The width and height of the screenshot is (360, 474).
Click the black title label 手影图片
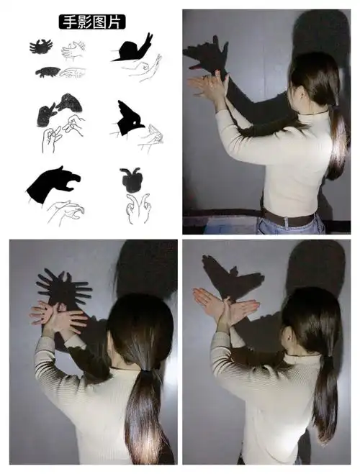[92, 22]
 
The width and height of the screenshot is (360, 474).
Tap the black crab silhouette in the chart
[41, 47]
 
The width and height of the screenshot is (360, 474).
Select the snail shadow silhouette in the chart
[132, 48]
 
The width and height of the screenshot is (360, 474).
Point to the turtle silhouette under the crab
[48, 72]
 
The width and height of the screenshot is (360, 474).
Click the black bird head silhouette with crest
[129, 119]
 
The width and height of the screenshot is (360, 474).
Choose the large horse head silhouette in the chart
[53, 183]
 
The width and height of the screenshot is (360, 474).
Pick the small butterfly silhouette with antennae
[131, 180]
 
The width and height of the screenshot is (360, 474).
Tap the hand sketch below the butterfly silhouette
[138, 209]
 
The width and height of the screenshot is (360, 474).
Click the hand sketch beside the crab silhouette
[73, 50]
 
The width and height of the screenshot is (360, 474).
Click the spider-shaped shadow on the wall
[64, 288]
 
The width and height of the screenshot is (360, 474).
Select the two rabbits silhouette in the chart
[59, 109]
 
